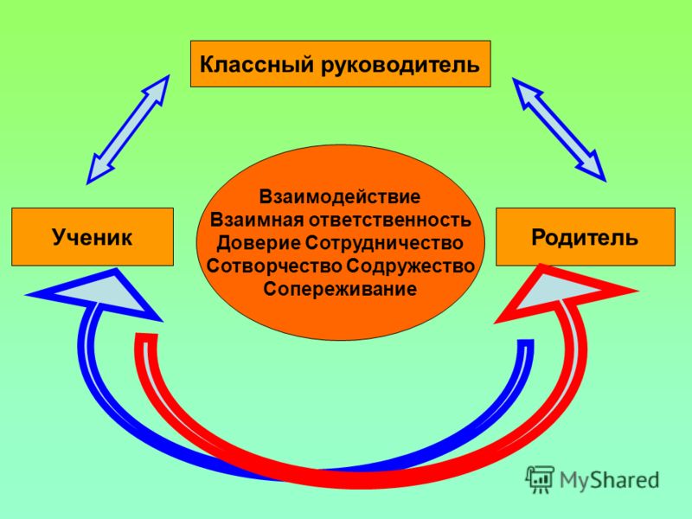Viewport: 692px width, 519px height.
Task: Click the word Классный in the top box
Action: pos(257,64)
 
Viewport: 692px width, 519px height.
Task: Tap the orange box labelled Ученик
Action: pos(93,237)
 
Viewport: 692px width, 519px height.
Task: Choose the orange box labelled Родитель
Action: pos(586,237)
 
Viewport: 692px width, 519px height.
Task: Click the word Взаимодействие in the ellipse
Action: pos(340,196)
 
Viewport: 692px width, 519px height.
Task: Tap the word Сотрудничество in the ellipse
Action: pos(384,243)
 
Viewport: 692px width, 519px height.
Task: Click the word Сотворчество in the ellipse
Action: pos(274,266)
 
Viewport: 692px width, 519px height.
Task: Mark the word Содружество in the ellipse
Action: pos(410,266)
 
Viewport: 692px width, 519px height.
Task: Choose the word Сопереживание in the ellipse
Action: pos(340,290)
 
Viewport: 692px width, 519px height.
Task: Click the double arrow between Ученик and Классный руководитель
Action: pos(128,129)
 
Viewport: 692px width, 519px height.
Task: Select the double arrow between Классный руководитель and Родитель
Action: pos(559,129)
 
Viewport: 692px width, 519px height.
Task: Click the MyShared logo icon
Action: pos(539,479)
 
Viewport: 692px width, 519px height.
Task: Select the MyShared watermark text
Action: pos(610,480)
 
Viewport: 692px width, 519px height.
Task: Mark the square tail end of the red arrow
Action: pos(146,337)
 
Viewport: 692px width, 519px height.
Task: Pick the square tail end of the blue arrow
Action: pos(525,343)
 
